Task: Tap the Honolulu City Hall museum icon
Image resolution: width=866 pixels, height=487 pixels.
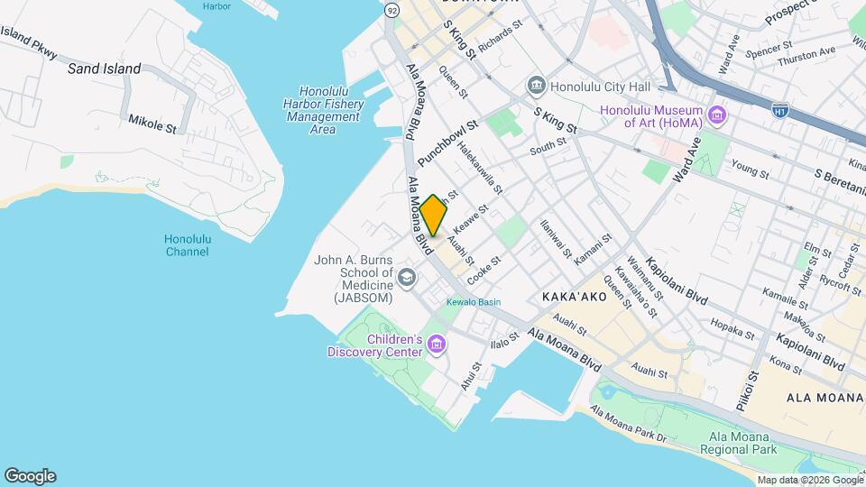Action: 537,87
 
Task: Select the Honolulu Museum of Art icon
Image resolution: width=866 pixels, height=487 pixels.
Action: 717,115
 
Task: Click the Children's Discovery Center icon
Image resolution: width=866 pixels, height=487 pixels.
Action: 437,345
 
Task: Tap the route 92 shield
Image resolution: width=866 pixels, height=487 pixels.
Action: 392,10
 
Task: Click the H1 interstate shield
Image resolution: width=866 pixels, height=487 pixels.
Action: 780,109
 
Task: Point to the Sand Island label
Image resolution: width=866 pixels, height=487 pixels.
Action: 104,69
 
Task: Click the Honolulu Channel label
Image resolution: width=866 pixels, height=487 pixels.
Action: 187,245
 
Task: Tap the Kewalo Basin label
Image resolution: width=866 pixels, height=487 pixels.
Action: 473,302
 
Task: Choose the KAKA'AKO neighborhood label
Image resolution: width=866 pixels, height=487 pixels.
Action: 577,297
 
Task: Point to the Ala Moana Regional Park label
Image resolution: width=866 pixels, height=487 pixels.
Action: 742,442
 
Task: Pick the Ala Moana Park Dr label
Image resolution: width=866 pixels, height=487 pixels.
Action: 629,426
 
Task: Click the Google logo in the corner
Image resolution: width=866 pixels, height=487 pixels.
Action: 30,475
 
